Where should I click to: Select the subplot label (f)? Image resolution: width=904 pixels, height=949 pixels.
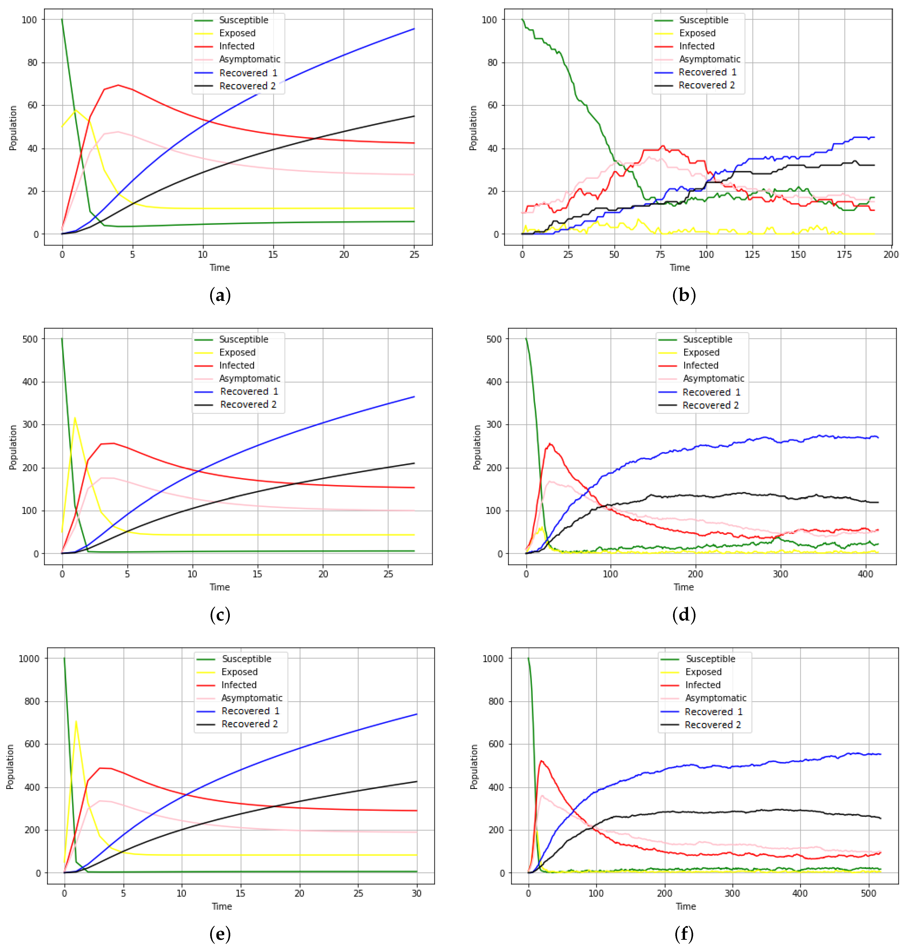[684, 934]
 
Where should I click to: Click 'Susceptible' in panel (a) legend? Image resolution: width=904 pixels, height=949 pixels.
[243, 20]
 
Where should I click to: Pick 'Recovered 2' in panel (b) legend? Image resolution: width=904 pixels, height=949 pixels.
[706, 85]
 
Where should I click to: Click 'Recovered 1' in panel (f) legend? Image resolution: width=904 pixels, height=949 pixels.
[713, 712]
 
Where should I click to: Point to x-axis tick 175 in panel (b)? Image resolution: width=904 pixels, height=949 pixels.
[844, 255]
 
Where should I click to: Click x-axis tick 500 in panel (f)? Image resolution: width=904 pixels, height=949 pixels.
[868, 894]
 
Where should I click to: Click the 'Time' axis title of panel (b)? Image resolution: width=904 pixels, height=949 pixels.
[680, 268]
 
